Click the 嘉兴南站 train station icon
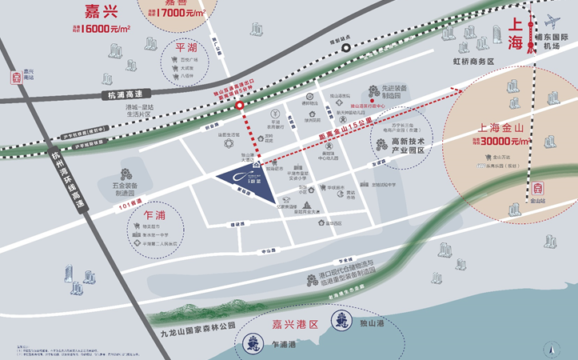click(x=14, y=78)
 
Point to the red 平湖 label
click(x=186, y=48)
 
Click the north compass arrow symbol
click(x=549, y=346)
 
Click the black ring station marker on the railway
click(x=345, y=47)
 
